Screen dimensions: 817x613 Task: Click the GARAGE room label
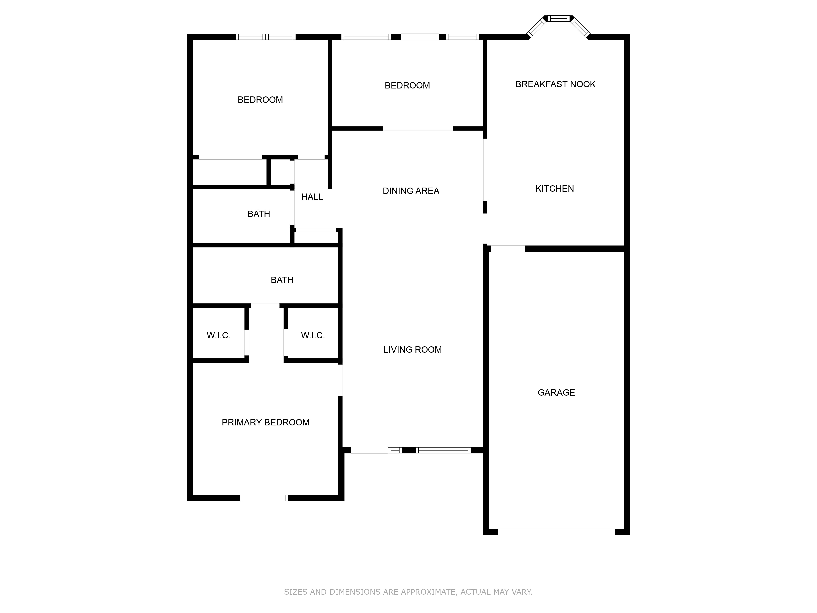click(x=556, y=392)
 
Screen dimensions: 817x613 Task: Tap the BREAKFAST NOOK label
click(x=556, y=84)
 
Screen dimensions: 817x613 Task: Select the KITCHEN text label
click(x=555, y=189)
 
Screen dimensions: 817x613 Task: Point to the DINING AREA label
click(x=411, y=191)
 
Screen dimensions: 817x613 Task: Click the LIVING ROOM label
click(x=413, y=350)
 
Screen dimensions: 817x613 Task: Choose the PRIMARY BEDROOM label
click(x=266, y=422)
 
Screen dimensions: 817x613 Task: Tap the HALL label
click(x=312, y=197)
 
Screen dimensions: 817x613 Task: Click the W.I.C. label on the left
click(x=219, y=336)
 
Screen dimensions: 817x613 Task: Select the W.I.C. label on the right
click(x=313, y=336)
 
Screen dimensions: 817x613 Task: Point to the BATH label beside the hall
click(x=259, y=214)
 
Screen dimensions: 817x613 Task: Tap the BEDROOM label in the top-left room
click(x=260, y=100)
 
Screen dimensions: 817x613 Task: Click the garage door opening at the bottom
click(x=556, y=532)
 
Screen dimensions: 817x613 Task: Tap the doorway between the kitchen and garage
click(x=508, y=249)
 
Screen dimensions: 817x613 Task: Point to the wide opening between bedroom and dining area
click(x=418, y=129)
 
